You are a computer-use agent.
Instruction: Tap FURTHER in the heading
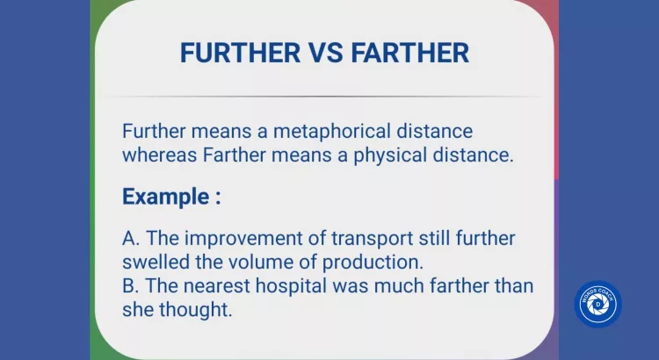click(x=240, y=53)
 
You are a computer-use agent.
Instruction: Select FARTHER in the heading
click(x=409, y=53)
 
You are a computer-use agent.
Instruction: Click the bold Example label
click(x=170, y=196)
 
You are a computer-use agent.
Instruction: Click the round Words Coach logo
click(x=597, y=305)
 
